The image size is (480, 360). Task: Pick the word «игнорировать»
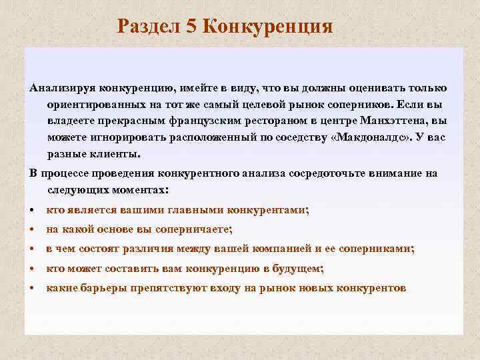125,137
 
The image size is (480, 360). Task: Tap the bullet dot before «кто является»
33,209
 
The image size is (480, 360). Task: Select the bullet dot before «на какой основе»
33,229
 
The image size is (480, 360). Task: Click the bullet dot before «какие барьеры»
33,289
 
